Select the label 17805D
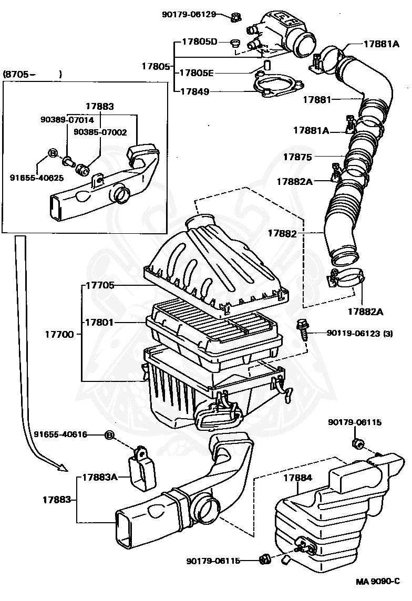[x=200, y=42]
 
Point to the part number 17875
[x=297, y=157]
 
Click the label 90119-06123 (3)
[x=360, y=333]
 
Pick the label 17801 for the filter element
[x=100, y=322]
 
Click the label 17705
[x=100, y=285]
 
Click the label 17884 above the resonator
[x=297, y=478]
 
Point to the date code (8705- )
[x=33, y=74]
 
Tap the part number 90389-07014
[x=67, y=120]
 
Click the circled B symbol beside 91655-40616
[x=110, y=434]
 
